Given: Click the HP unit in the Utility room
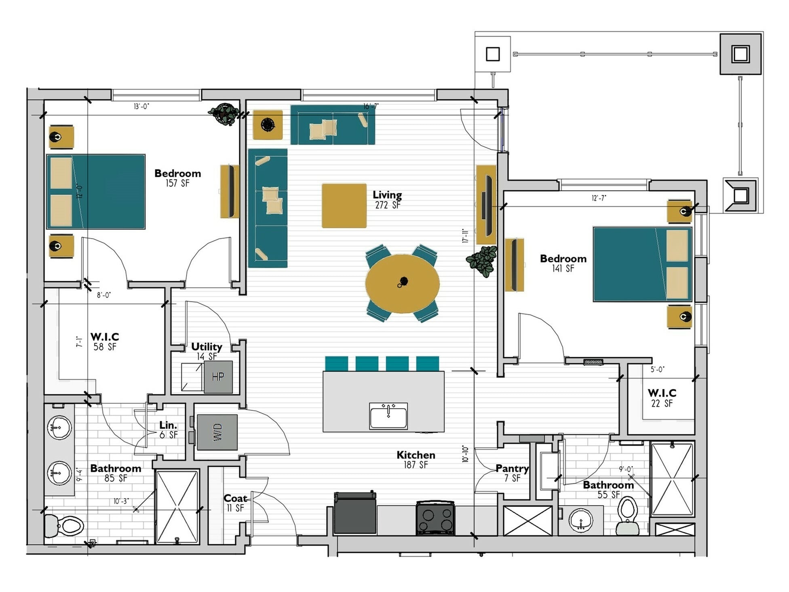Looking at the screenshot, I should pyautogui.click(x=218, y=377).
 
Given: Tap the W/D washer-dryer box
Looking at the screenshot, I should pyautogui.click(x=217, y=432).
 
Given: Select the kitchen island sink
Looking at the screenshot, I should pyautogui.click(x=388, y=415).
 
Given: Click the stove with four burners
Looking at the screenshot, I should pyautogui.click(x=435, y=518).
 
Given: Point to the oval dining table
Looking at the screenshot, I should pyautogui.click(x=402, y=283).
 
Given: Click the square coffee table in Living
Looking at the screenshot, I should pyautogui.click(x=344, y=206).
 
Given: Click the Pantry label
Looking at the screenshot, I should pyautogui.click(x=512, y=468).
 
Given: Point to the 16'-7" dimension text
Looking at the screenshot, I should pyautogui.click(x=371, y=106).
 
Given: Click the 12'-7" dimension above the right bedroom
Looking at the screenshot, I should pyautogui.click(x=599, y=198).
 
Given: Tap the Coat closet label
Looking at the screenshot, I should pyautogui.click(x=235, y=498).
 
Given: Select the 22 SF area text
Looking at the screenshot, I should pyautogui.click(x=662, y=403).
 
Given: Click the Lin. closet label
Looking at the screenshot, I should pyautogui.click(x=168, y=425).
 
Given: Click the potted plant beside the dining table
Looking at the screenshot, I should pyautogui.click(x=482, y=261).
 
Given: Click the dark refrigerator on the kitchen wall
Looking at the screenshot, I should pyautogui.click(x=355, y=513).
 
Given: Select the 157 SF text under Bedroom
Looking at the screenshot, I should pyautogui.click(x=177, y=183).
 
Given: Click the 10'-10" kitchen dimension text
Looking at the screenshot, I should pyautogui.click(x=465, y=454).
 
